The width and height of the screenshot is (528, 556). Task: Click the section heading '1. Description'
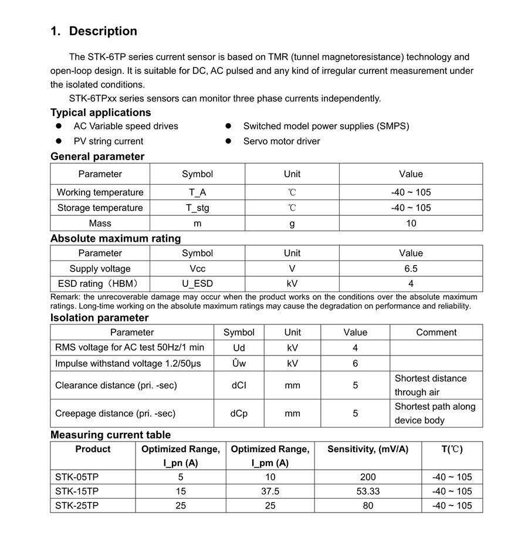[94, 32]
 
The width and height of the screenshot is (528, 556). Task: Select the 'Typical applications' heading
[100, 113]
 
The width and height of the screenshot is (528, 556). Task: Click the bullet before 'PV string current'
[59, 141]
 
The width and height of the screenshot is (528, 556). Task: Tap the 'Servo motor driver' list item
[282, 141]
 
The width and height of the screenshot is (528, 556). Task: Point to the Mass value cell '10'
[411, 223]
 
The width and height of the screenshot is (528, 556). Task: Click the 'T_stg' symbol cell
[197, 208]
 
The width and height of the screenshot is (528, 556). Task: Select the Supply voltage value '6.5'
[411, 269]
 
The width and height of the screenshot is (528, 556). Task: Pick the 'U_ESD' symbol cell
[197, 284]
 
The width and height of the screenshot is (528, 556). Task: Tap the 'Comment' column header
[436, 333]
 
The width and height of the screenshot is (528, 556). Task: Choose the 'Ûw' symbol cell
[239, 364]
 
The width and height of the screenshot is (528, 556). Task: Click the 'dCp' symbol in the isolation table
[239, 413]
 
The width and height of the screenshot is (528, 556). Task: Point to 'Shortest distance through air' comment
[431, 385]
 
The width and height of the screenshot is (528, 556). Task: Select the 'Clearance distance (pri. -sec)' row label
[116, 385]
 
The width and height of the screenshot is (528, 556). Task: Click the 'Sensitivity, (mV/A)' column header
[368, 449]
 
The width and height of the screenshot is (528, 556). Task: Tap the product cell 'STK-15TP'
[77, 491]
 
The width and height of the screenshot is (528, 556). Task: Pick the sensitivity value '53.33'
[368, 491]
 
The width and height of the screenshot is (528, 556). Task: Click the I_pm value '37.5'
[270, 491]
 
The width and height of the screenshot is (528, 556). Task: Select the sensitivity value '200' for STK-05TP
[368, 477]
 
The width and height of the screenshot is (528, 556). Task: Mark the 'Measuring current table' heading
[110, 435]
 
